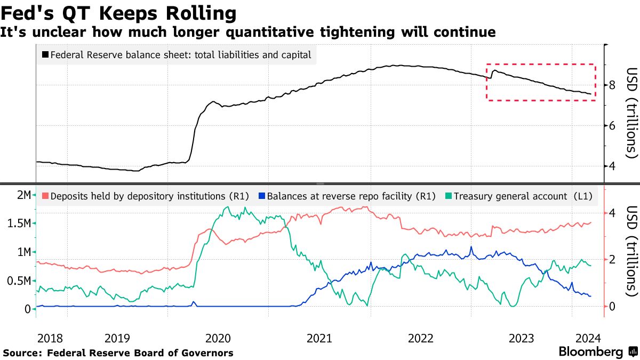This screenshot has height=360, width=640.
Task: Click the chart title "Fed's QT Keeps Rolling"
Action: [x=118, y=12]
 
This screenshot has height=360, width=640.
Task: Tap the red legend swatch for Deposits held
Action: [x=45, y=196]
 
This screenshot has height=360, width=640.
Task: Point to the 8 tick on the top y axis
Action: [x=613, y=85]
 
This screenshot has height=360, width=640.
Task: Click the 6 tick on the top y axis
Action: [x=613, y=126]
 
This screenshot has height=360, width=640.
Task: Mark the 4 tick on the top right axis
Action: [x=613, y=166]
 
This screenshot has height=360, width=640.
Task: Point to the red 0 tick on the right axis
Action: [x=613, y=307]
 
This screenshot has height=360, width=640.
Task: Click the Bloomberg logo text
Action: [x=591, y=352]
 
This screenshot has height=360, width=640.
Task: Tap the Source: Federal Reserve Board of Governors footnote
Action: [x=118, y=353]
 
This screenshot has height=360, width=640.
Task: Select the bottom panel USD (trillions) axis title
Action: [x=631, y=252]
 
